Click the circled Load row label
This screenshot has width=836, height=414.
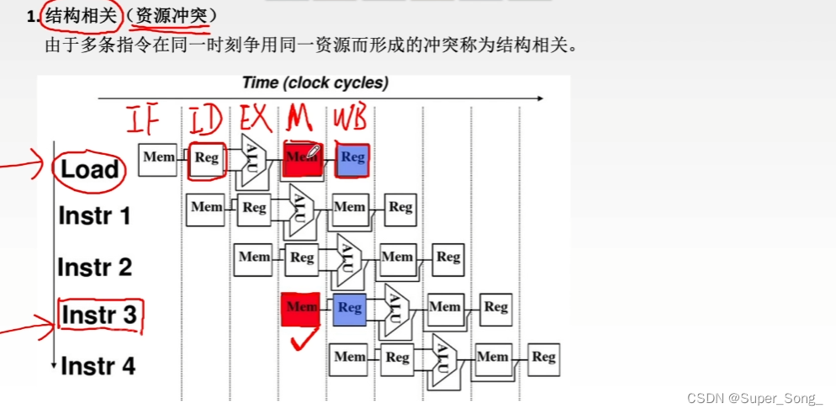click(89, 169)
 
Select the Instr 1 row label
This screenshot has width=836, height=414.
click(95, 216)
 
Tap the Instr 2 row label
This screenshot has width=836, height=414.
click(95, 268)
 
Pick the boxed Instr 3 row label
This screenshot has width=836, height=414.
click(98, 316)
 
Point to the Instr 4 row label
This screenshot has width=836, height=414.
click(98, 367)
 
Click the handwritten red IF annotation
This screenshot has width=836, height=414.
click(144, 120)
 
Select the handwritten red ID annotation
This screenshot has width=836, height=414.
click(204, 119)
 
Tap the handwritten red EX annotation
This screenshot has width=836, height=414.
click(254, 119)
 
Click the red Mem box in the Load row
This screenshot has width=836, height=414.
click(302, 158)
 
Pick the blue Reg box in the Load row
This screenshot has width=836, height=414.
click(352, 157)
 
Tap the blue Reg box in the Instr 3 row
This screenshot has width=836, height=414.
click(350, 308)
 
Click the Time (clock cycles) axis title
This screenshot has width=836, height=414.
click(315, 83)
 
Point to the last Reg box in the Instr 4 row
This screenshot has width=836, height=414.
click(543, 358)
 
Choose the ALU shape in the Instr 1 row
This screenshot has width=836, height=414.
click(299, 208)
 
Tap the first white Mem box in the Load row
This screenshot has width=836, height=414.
click(158, 158)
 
